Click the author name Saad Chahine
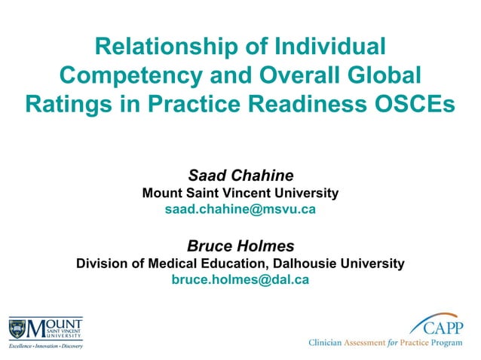[240, 175]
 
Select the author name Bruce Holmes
[240, 246]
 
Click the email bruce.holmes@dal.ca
[240, 280]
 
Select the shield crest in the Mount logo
[17, 329]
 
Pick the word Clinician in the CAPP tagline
[325, 343]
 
